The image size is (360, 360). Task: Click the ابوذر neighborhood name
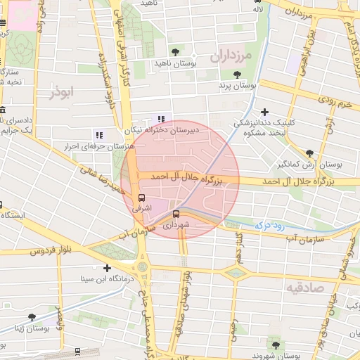(61, 91)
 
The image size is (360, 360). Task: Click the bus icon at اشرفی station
(143, 198)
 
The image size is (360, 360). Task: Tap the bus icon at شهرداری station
(176, 214)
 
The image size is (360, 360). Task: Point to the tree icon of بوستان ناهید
(175, 52)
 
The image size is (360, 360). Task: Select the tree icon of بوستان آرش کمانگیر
(309, 153)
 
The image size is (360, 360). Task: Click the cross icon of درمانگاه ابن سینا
(107, 268)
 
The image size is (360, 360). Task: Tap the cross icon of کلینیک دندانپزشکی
(264, 112)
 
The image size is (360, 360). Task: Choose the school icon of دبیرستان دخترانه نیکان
(162, 119)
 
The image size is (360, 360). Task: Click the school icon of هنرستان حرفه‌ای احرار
(98, 134)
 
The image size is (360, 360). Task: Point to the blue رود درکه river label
(268, 225)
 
